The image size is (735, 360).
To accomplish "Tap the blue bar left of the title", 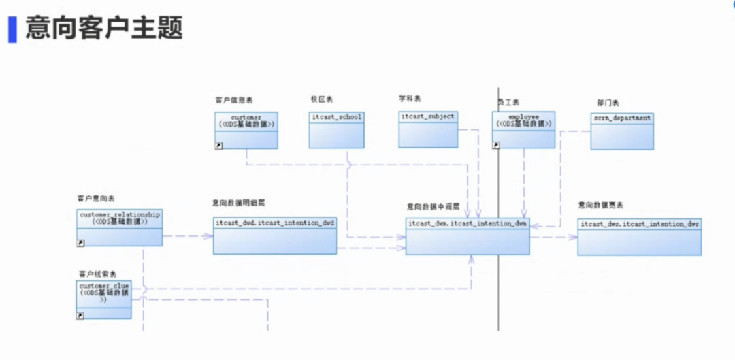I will coord(12,29).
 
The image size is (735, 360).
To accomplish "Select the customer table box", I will coord(246,130).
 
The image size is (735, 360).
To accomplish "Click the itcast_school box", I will coord(336,129).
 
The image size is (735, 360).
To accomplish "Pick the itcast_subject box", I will coord(427,129).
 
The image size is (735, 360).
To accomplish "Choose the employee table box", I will coord(523,130).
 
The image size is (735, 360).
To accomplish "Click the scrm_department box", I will coord(621,131).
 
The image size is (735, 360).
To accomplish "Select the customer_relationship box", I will coord(119,227).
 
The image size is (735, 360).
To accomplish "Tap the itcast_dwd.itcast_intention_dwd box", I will coord(274,235).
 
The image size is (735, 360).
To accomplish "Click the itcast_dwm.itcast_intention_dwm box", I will coord(467,236).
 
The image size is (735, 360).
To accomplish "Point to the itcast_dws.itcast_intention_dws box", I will coord(639,236).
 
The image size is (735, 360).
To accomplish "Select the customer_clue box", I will coord(103,299).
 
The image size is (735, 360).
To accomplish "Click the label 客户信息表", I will coord(234,101).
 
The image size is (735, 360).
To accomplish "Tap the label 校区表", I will coord(321,99).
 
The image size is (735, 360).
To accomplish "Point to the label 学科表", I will coord(410,99).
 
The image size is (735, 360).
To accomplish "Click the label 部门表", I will coord(608,103).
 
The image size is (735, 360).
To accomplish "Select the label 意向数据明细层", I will coord(238,203).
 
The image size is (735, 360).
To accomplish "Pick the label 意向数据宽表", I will coord(601,205).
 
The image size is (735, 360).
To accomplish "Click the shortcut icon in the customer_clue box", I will coord(80,315).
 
